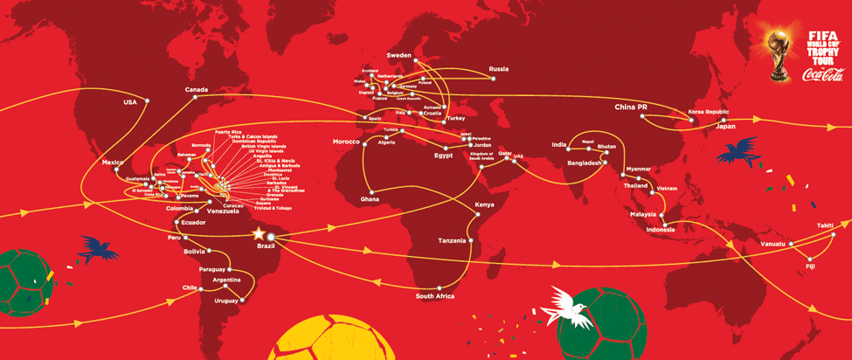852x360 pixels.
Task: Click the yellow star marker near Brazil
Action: tap(259, 234)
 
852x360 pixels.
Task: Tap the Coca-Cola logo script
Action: tap(822, 75)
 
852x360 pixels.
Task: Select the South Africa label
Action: tap(435, 296)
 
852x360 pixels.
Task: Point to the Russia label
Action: tap(498, 68)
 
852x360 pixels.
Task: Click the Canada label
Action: tap(197, 90)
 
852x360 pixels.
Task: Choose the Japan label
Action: tap(725, 127)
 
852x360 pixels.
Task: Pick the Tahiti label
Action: tap(824, 225)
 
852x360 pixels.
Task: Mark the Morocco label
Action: tap(347, 142)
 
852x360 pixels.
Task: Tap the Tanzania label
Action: tap(452, 240)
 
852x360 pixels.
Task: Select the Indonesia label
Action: tap(660, 230)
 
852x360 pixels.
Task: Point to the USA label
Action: tap(130, 102)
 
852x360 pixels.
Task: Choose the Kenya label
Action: tap(483, 205)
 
